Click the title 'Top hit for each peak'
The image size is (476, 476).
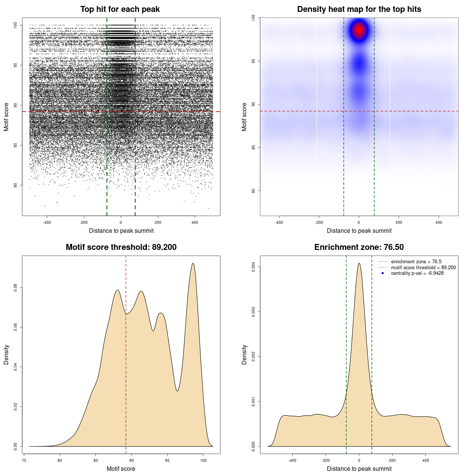pos(120,9)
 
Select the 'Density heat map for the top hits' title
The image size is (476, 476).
pos(359,9)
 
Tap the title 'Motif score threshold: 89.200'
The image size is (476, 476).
pos(121,247)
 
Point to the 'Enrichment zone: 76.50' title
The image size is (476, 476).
pos(359,247)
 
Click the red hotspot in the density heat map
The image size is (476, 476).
pos(359,30)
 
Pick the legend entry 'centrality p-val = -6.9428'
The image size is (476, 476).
pos(417,273)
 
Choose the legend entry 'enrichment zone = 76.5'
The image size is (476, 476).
pos(416,262)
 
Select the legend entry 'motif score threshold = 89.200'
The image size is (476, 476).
pos(423,268)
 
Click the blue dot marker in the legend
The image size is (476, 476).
pos(383,273)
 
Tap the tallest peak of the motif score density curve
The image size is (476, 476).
pos(193,263)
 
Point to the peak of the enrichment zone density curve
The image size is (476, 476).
pos(359,263)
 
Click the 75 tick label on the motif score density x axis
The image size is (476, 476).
pos(24,460)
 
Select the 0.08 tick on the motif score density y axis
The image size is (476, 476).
pos(15,287)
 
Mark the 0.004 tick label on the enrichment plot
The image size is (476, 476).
pos(253,267)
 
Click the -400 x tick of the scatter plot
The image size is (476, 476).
pos(47,222)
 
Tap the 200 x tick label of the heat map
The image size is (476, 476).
pos(399,222)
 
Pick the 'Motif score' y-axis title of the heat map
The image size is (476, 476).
pos(244,117)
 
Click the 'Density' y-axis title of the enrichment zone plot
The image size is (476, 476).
pos(244,354)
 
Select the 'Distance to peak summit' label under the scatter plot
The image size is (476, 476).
pos(121,231)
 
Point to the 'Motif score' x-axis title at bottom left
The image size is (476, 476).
pos(121,469)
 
